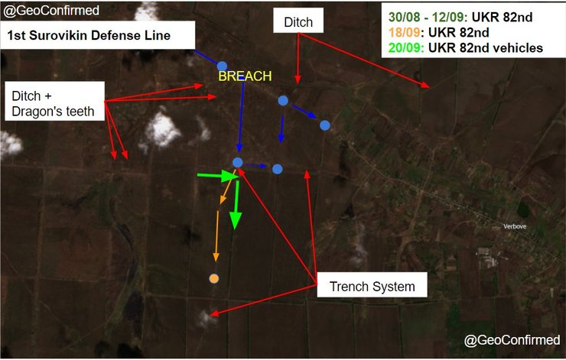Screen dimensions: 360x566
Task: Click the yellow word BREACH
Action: (x=245, y=76)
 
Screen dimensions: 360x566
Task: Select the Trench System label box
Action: (x=372, y=287)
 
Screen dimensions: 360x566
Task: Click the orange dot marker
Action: (x=214, y=279)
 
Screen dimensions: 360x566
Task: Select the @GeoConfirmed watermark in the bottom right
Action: (x=512, y=339)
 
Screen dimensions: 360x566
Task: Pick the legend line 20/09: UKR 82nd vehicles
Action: (x=466, y=47)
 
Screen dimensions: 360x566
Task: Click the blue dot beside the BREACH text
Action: (x=223, y=66)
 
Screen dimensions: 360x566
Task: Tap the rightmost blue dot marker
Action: (x=325, y=125)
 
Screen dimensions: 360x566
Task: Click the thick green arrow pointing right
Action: (x=216, y=177)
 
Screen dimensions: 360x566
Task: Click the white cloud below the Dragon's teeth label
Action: (x=161, y=130)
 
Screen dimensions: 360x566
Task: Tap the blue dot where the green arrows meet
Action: (x=237, y=163)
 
